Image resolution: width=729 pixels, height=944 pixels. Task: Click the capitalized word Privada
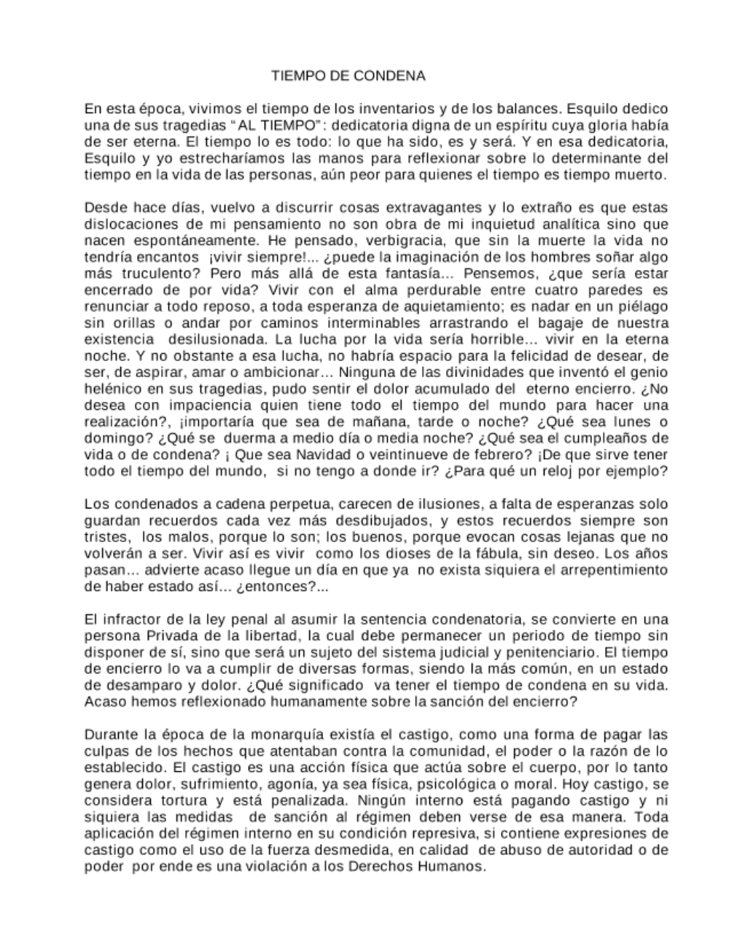[x=167, y=635]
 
